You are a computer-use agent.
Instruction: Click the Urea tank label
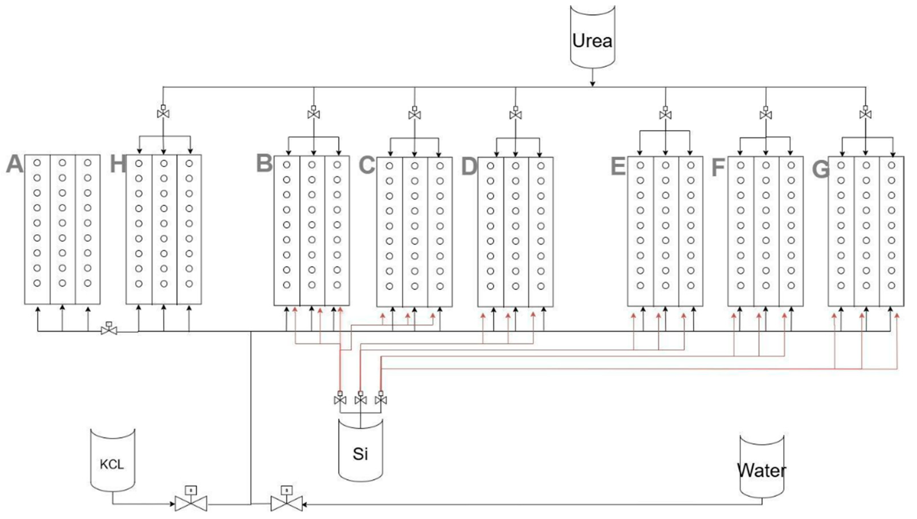point(592,41)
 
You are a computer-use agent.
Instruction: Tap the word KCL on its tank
point(112,464)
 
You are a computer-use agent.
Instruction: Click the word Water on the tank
point(761,471)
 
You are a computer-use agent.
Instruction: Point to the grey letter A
point(15,164)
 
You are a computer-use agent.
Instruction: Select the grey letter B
point(264,164)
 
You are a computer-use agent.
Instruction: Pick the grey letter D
point(469,166)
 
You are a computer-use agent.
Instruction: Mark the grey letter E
point(618,166)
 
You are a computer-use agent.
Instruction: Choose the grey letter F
point(718,168)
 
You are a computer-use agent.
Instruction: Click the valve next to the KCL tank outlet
point(191,503)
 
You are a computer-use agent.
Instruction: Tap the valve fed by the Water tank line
point(287,503)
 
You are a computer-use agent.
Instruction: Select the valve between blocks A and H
point(109,330)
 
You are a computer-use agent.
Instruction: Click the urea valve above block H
point(163,113)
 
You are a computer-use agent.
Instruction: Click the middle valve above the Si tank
point(361,400)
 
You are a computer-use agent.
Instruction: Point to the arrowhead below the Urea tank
point(592,84)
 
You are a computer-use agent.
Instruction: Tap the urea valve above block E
point(665,114)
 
